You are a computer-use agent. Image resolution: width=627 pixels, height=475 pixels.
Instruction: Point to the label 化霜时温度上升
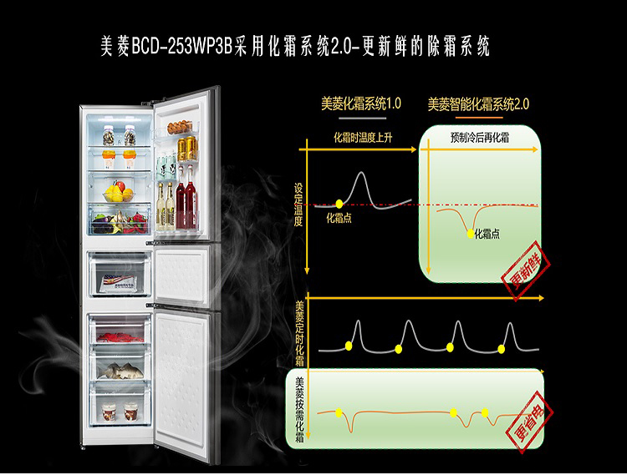pyautogui.click(x=362, y=137)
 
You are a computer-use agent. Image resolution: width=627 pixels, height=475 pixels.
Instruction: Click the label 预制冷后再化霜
pyautogui.click(x=481, y=137)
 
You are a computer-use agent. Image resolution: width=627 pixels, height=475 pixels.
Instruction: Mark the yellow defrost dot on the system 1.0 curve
pyautogui.click(x=339, y=203)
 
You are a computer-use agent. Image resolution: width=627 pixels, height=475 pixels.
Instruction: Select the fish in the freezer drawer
pyautogui.click(x=119, y=369)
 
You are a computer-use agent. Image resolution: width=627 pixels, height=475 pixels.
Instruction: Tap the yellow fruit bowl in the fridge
pyautogui.click(x=119, y=195)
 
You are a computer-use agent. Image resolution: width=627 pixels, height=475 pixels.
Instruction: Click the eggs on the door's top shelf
pyautogui.click(x=179, y=128)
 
